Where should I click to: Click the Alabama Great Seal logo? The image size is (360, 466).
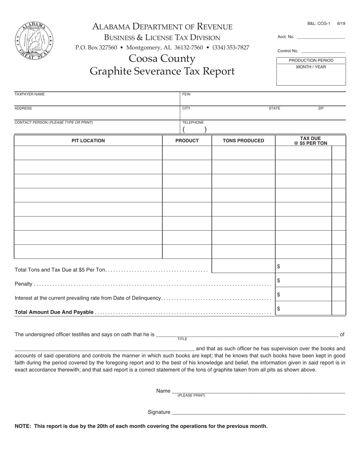(x=34, y=41)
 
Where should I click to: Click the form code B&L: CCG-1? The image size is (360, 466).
(x=318, y=23)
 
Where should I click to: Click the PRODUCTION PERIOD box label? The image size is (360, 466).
(x=311, y=61)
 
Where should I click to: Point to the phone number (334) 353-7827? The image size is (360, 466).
(x=231, y=48)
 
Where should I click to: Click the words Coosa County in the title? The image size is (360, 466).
(x=162, y=59)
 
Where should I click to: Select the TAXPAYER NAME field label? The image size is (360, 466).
(x=30, y=94)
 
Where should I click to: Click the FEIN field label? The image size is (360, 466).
(x=186, y=94)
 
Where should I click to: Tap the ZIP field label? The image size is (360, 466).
(x=321, y=108)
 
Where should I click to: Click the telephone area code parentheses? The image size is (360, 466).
(x=194, y=130)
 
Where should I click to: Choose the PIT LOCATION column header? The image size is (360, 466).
(x=88, y=141)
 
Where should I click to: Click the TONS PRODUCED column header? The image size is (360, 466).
(x=243, y=141)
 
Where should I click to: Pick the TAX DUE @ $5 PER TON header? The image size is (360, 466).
(x=310, y=141)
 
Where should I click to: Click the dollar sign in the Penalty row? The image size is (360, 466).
(x=279, y=280)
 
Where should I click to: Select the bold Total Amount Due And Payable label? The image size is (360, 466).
(x=54, y=312)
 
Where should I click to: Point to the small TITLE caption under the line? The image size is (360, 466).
(x=182, y=339)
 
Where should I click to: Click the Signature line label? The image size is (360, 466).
(x=159, y=412)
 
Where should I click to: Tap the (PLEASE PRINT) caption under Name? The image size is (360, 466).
(x=191, y=396)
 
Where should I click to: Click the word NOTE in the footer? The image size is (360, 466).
(x=22, y=426)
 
